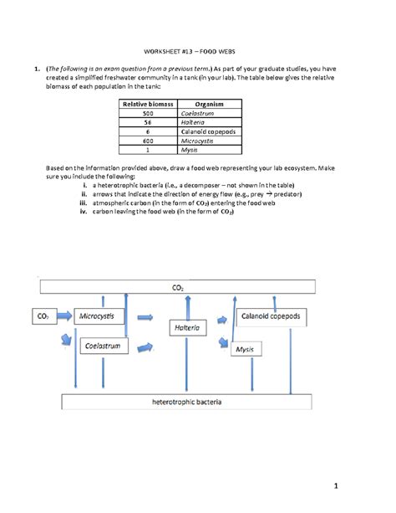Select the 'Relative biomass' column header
148,103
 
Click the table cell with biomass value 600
148,141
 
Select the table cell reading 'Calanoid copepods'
207,132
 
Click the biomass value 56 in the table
148,122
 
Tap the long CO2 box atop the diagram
177,287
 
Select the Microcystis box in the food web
99,317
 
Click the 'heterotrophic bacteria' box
186,403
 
